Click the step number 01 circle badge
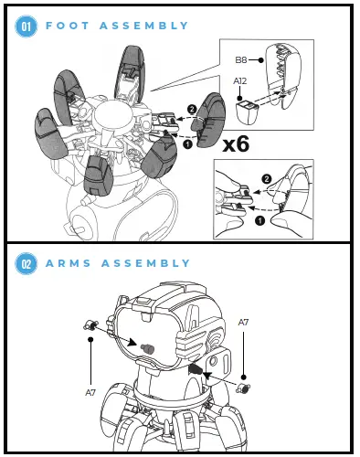pos(26,27)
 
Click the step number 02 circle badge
pos(26,263)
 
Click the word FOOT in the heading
pos(69,27)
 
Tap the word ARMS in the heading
pos(71,263)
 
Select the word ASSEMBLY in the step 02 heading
pos(150,263)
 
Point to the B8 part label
pos(241,59)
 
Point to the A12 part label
pos(240,81)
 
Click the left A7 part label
pos(91,391)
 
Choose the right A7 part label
pos(244,323)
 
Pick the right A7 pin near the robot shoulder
pos(243,388)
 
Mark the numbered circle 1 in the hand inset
pos(259,219)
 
